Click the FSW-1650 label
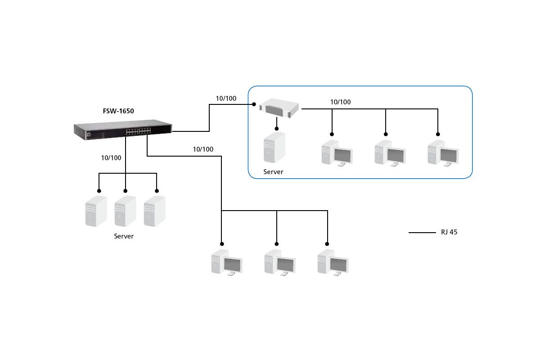click(x=118, y=111)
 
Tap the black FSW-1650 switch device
click(x=123, y=130)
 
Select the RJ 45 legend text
click(x=449, y=232)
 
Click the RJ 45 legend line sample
click(x=422, y=233)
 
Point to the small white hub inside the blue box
click(x=279, y=108)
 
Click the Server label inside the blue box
click(x=273, y=172)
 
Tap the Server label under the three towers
click(x=124, y=236)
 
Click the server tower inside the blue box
click(x=274, y=147)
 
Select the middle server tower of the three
click(x=126, y=211)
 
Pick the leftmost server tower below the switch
click(x=96, y=211)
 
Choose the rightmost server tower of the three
click(x=154, y=211)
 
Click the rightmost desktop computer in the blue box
click(x=443, y=153)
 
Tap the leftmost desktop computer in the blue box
click(x=337, y=153)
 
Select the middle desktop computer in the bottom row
click(x=280, y=263)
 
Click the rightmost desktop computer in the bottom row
click(x=333, y=263)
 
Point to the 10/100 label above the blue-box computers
click(x=340, y=102)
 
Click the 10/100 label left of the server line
click(x=111, y=158)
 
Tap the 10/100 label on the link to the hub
click(x=226, y=99)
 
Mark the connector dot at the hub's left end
click(x=254, y=104)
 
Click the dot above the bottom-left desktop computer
click(x=222, y=244)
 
